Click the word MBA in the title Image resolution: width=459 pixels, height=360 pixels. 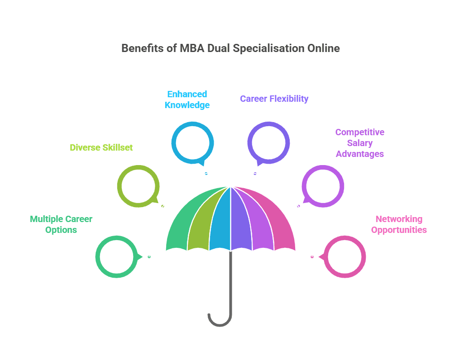pyautogui.click(x=192, y=48)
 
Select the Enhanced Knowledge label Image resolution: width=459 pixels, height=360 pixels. pyautogui.click(x=187, y=99)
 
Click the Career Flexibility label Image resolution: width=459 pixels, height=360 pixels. pyautogui.click(x=274, y=99)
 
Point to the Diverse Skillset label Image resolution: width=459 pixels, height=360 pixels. pyautogui.click(x=101, y=147)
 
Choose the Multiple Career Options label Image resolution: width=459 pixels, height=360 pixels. pyautogui.click(x=61, y=224)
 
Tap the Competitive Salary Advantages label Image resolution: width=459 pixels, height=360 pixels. pyautogui.click(x=360, y=143)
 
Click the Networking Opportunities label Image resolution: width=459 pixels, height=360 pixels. pyautogui.click(x=399, y=224)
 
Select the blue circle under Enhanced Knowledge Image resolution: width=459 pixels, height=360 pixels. pyautogui.click(x=173, y=143)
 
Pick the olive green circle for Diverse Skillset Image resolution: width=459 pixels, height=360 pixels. pyautogui.click(x=120, y=186)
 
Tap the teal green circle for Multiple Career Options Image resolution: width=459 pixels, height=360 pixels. pyautogui.click(x=98, y=257)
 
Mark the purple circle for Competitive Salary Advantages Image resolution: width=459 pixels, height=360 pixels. pyautogui.click(x=342, y=186)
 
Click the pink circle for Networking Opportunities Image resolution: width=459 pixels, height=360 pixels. pyautogui.click(x=363, y=257)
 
